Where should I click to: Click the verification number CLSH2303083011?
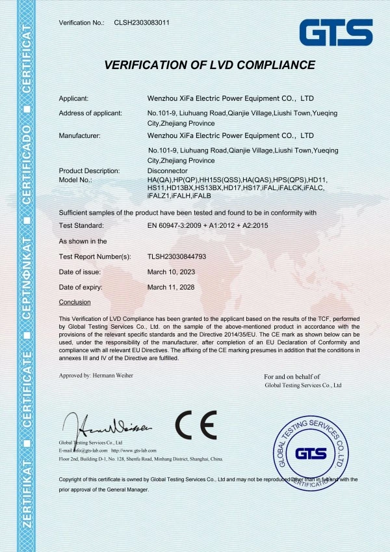(x=142, y=23)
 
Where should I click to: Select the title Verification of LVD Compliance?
(x=210, y=65)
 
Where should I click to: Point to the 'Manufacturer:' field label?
(x=79, y=135)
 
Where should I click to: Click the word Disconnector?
(x=168, y=171)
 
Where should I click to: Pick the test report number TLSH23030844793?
(x=177, y=256)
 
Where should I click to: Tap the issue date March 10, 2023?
(x=170, y=272)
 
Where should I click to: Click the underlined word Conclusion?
(x=75, y=302)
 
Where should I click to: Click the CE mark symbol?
(x=196, y=426)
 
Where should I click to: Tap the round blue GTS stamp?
(x=310, y=452)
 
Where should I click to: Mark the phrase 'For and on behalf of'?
(x=292, y=377)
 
